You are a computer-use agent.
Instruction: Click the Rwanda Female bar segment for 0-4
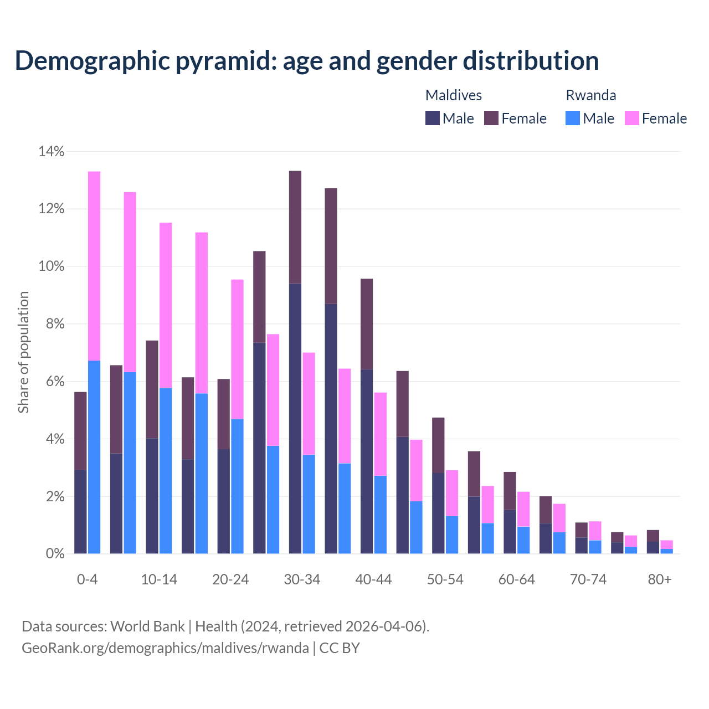[x=94, y=266]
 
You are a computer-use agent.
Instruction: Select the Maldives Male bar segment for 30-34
[x=295, y=418]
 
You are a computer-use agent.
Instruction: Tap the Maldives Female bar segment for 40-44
[x=367, y=323]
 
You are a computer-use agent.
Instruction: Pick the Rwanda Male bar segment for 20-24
[x=237, y=486]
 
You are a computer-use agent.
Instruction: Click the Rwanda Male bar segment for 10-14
[x=166, y=471]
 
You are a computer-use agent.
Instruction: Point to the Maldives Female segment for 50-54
[x=438, y=445]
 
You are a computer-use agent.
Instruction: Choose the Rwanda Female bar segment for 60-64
[x=523, y=509]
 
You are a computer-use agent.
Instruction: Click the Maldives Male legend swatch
[x=433, y=118]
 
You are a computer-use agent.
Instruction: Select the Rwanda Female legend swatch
[x=632, y=118]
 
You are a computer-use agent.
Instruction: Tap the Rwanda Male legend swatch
[x=573, y=118]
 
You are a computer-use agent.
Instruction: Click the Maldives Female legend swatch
[x=491, y=118]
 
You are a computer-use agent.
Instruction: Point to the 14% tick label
[x=52, y=151]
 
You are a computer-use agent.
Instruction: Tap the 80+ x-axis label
[x=660, y=579]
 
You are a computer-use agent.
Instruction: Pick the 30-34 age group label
[x=302, y=579]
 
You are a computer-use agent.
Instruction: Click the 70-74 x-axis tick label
[x=588, y=579]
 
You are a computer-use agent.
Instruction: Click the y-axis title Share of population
[x=23, y=352]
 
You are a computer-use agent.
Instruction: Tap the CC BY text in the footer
[x=340, y=648]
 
